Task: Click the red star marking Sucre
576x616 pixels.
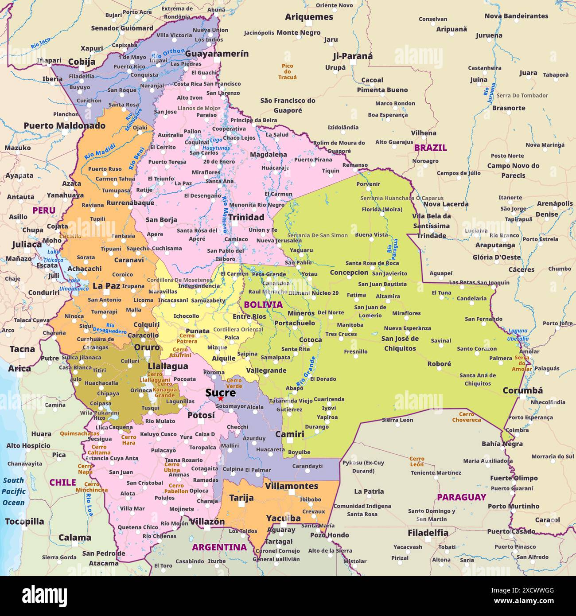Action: click(220, 399)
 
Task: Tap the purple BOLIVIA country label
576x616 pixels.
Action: click(263, 304)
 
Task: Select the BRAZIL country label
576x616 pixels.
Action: click(430, 148)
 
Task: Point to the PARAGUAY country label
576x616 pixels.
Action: click(461, 497)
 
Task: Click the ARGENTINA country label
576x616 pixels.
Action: click(219, 547)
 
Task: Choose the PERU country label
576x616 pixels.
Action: click(44, 211)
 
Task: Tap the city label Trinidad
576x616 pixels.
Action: click(246, 217)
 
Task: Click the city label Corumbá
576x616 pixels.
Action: click(522, 390)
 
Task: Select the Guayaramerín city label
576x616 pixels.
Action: click(217, 54)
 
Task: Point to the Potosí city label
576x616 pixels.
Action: click(201, 415)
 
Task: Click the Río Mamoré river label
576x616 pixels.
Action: click(225, 214)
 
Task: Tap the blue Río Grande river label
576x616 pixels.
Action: click(306, 370)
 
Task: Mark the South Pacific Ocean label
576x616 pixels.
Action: click(14, 491)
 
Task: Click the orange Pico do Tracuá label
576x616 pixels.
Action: click(287, 71)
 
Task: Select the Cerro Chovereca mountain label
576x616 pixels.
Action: click(466, 417)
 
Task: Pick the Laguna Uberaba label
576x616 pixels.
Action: click(518, 335)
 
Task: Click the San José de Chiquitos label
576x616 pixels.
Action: click(400, 343)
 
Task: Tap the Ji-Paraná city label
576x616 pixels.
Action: click(352, 56)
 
